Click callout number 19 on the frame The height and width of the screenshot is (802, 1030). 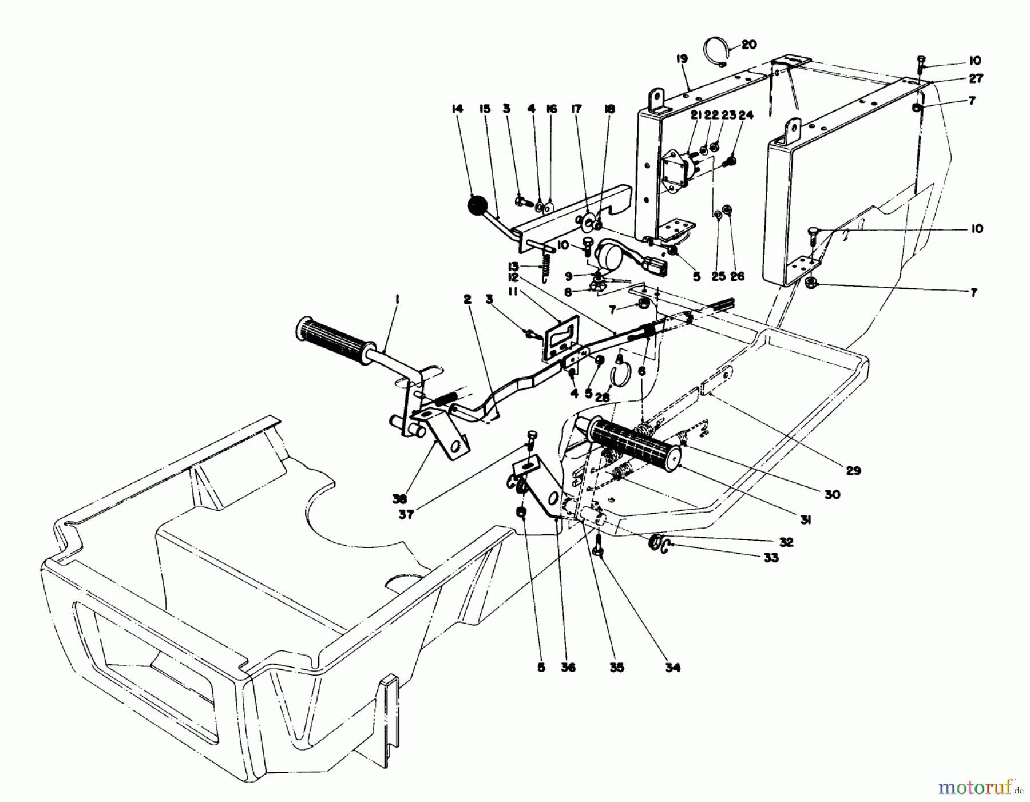pos(681,59)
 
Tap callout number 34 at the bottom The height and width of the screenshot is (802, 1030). pos(673,667)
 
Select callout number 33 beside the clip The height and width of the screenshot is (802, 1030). pos(771,557)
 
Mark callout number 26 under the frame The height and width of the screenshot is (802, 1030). pos(738,276)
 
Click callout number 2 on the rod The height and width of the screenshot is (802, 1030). pos(468,299)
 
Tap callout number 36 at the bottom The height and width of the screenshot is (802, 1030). pos(568,667)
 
